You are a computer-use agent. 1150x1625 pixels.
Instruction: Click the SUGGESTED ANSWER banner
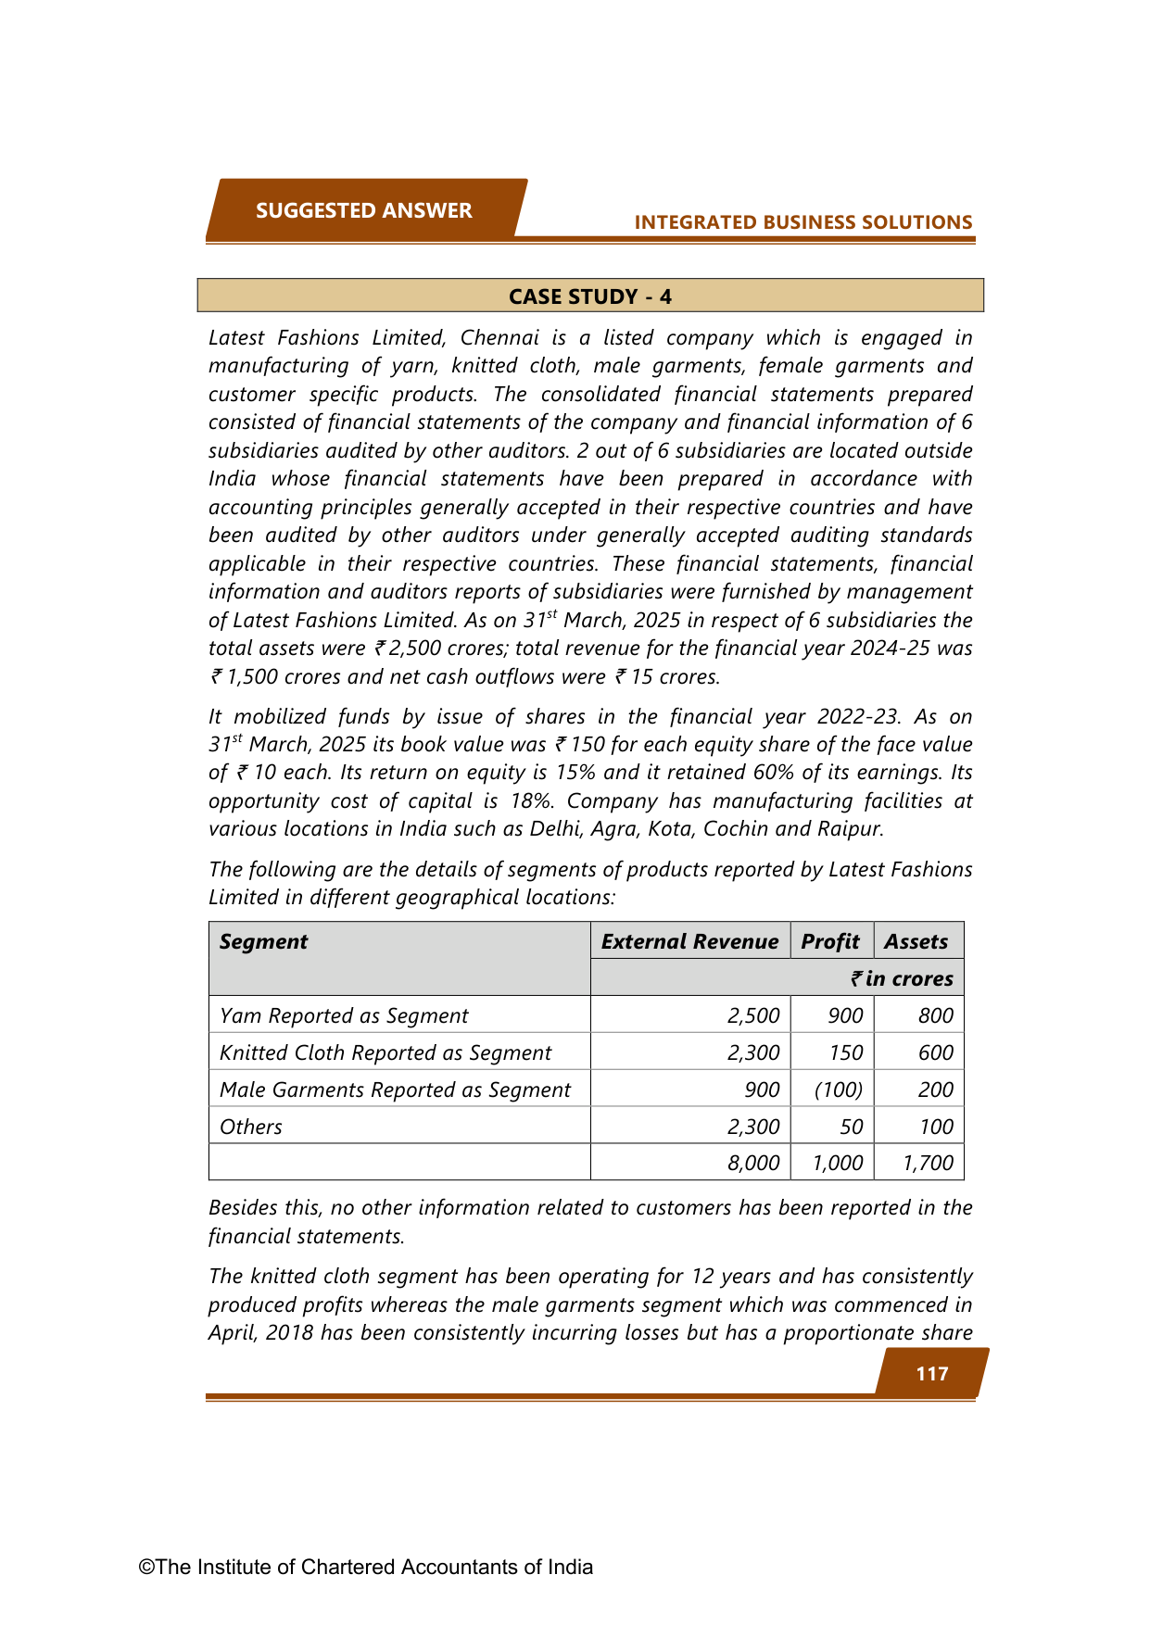(x=364, y=210)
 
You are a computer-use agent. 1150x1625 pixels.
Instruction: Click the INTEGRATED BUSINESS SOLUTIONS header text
(x=802, y=222)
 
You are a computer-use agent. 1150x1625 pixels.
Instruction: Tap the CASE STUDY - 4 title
(x=590, y=296)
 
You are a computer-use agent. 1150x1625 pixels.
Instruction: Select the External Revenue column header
(x=689, y=941)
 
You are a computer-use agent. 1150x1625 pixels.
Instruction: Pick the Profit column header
(x=830, y=941)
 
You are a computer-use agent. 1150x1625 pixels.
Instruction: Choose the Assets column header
(x=916, y=941)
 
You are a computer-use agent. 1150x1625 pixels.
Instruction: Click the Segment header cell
(x=264, y=941)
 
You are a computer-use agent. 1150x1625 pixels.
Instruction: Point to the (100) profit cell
(x=838, y=1090)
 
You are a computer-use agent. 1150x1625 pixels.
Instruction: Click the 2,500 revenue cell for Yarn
(x=753, y=1015)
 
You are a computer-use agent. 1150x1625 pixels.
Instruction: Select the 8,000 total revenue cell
(x=753, y=1163)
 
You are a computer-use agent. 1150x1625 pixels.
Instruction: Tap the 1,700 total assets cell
(x=928, y=1163)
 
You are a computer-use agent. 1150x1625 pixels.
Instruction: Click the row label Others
(x=251, y=1127)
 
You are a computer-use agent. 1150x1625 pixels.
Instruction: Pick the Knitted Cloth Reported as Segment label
(x=385, y=1052)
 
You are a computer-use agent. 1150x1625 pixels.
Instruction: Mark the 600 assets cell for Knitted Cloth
(x=935, y=1052)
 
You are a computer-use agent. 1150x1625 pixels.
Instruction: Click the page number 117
(x=931, y=1373)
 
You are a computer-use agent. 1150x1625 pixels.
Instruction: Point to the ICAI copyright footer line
(x=366, y=1567)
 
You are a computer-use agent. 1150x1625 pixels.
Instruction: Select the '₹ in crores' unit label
(x=903, y=978)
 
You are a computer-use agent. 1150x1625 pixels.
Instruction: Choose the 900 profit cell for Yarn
(x=845, y=1015)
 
